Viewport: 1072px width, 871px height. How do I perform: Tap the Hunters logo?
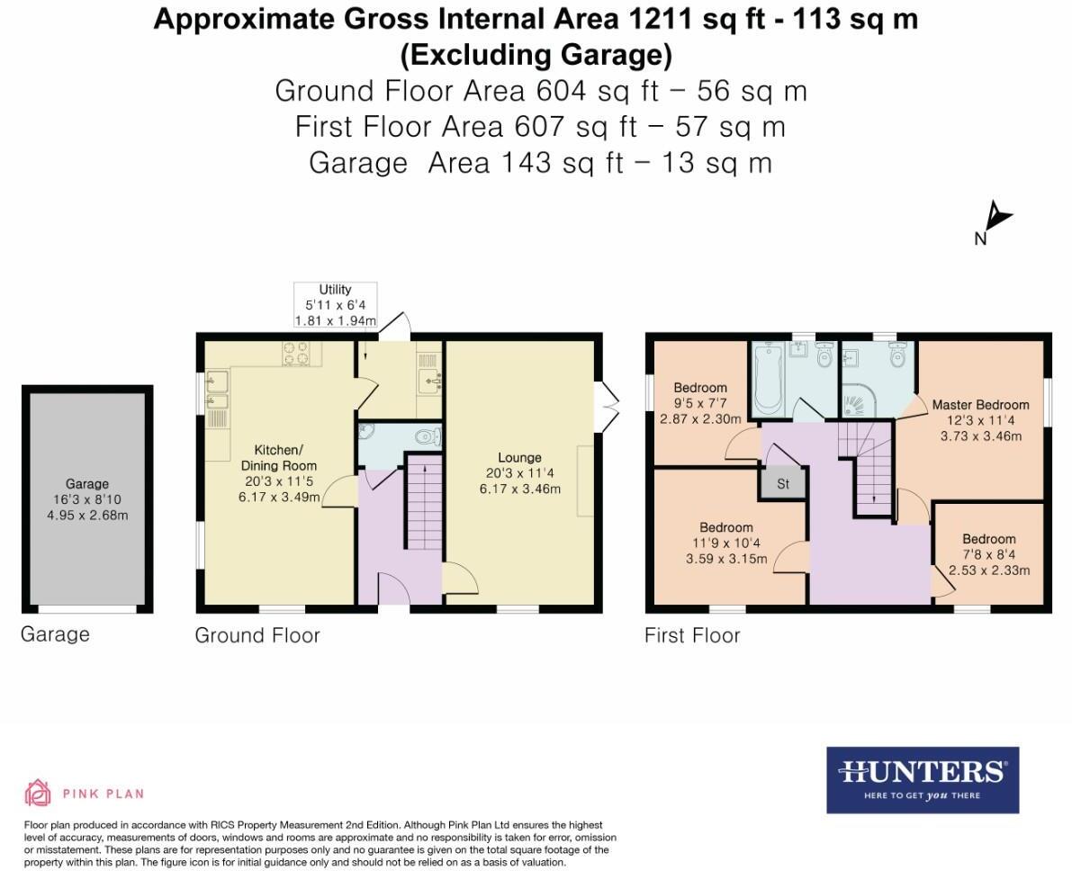click(x=923, y=779)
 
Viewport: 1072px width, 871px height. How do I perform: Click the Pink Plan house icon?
click(x=38, y=793)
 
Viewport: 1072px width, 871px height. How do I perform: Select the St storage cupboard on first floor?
click(x=782, y=484)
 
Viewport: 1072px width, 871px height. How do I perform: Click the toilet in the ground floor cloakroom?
click(x=425, y=436)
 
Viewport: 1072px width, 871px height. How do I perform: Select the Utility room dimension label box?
click(x=335, y=305)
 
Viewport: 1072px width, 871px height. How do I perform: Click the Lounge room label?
click(x=518, y=458)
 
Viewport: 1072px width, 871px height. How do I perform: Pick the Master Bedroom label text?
click(x=980, y=405)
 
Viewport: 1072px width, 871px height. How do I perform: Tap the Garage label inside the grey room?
click(x=86, y=484)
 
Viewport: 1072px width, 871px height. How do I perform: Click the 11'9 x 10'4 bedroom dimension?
click(x=726, y=543)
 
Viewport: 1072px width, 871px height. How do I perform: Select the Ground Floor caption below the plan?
click(x=257, y=635)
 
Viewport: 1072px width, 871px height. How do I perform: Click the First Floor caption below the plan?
click(x=692, y=635)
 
